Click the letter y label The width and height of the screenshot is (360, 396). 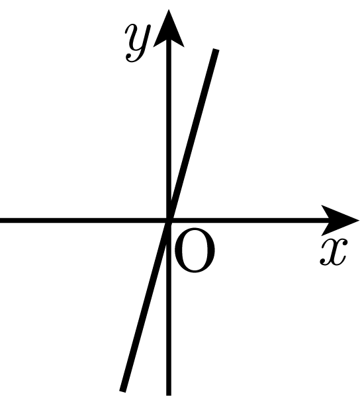click(x=138, y=43)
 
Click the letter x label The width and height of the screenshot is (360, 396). click(x=334, y=253)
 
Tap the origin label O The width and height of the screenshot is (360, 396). click(x=195, y=251)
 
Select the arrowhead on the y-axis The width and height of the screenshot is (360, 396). click(x=169, y=29)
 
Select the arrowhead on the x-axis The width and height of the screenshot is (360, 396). click(x=340, y=220)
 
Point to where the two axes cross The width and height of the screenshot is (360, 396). click(x=169, y=220)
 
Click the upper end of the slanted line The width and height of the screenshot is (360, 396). click(x=216, y=50)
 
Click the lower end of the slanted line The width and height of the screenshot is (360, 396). click(x=122, y=391)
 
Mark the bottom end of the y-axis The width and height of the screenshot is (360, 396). click(x=169, y=395)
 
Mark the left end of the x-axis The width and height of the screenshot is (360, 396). click(x=1, y=220)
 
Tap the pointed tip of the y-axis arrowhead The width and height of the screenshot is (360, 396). click(x=169, y=10)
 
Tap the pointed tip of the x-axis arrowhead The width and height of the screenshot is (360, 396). click(x=359, y=220)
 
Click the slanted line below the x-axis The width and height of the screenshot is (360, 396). click(x=146, y=305)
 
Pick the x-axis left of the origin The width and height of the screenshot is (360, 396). click(x=83, y=220)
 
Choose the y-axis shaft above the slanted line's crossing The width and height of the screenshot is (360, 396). click(x=169, y=121)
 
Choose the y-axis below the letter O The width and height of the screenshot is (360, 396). click(x=169, y=333)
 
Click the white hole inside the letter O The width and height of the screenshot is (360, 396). click(x=195, y=251)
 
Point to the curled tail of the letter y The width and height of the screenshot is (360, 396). click(x=132, y=59)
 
